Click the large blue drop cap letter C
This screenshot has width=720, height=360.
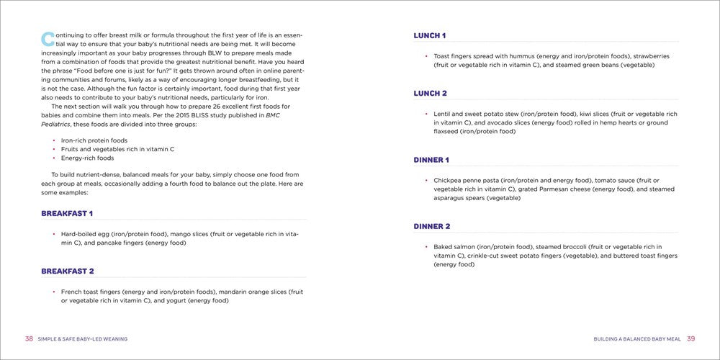pyautogui.click(x=48, y=39)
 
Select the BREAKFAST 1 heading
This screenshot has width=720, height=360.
pyautogui.click(x=67, y=214)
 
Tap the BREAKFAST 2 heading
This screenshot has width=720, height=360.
pyautogui.click(x=68, y=271)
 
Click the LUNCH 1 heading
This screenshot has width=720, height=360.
pyautogui.click(x=430, y=35)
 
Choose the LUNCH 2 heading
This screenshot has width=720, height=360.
pyautogui.click(x=431, y=94)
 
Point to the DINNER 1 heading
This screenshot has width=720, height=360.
pyautogui.click(x=431, y=160)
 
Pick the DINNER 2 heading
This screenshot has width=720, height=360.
pyautogui.click(x=432, y=227)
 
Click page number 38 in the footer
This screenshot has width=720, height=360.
pyautogui.click(x=29, y=338)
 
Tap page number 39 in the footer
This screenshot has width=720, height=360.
pyautogui.click(x=690, y=338)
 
